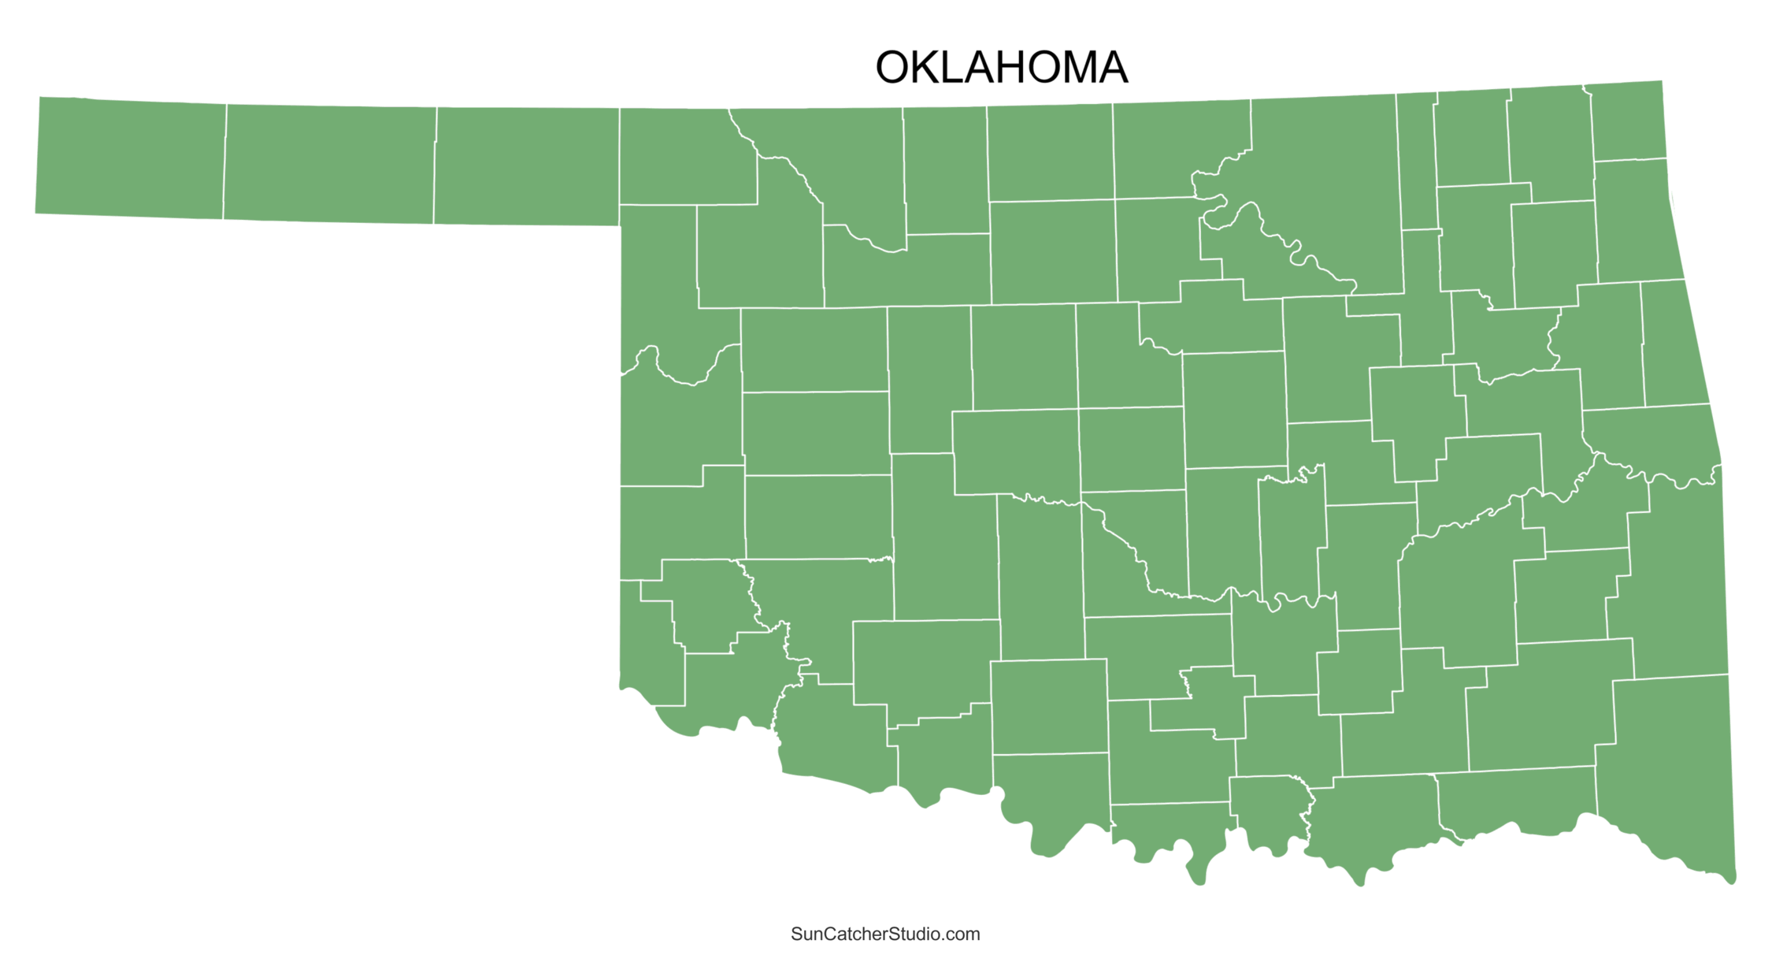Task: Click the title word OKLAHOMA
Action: click(x=1001, y=68)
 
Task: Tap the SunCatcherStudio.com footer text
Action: click(x=885, y=934)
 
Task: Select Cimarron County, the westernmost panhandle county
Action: click(x=131, y=158)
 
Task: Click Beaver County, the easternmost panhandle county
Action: click(x=526, y=165)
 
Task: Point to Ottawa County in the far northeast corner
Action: click(x=1627, y=122)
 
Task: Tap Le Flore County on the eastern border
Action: click(x=1674, y=583)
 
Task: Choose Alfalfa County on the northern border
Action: click(x=944, y=169)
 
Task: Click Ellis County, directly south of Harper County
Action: click(x=658, y=284)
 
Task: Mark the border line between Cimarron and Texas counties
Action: click(x=224, y=162)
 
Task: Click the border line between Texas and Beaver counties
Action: click(x=435, y=165)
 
